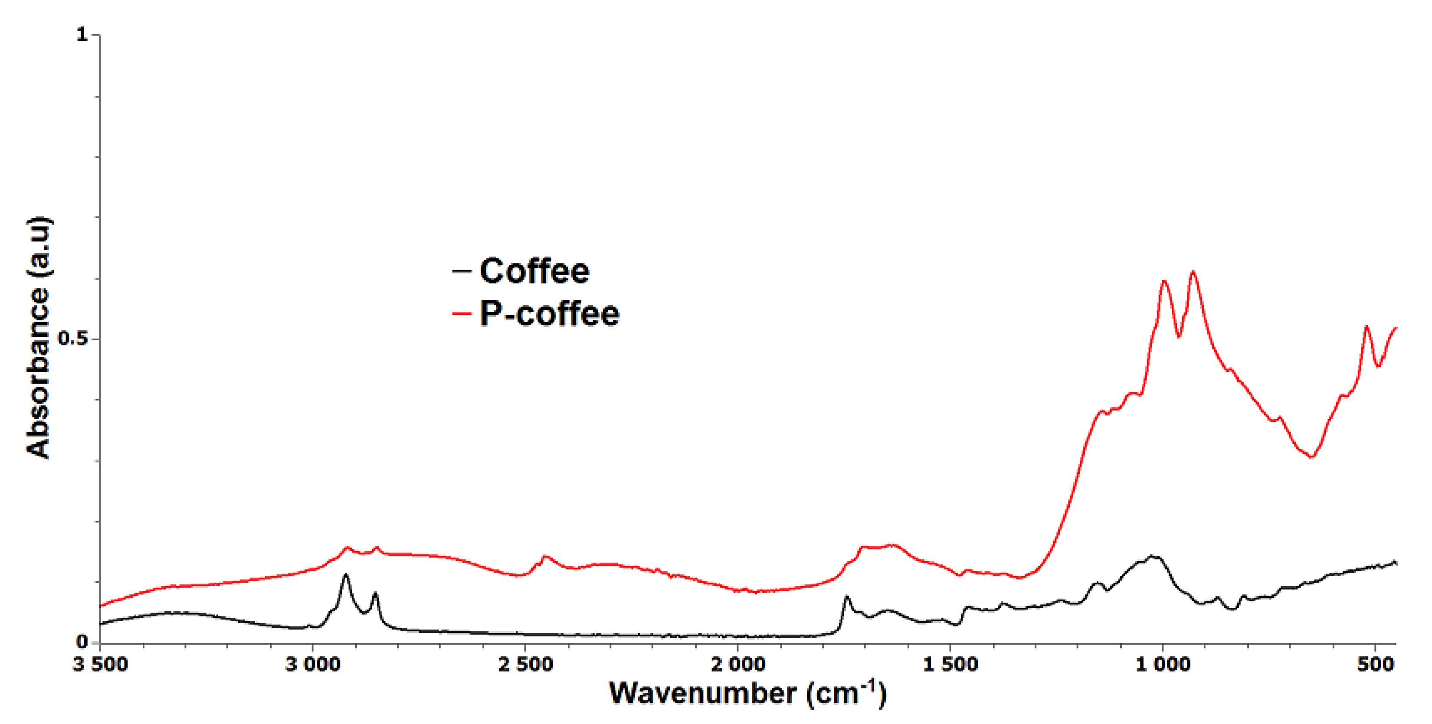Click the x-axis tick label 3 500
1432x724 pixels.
100,664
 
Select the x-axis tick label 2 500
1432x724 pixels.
525,664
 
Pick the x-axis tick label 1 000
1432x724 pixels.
1163,664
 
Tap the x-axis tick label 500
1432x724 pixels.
1375,664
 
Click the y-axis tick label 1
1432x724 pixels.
82,35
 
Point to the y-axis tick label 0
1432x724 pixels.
82,642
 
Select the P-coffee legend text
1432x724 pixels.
549,314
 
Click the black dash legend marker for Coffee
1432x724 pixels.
462,272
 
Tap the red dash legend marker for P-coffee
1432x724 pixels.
462,314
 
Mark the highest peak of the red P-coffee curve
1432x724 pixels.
1193,272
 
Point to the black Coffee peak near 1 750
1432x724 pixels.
847,597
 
